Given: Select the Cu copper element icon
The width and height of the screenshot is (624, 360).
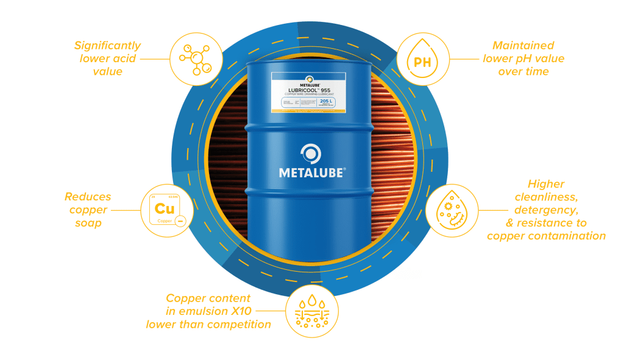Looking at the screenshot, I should pyautogui.click(x=166, y=210).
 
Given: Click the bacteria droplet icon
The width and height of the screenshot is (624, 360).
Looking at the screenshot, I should pyautogui.click(x=452, y=211).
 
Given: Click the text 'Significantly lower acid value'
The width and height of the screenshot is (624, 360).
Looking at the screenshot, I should pyautogui.click(x=107, y=58).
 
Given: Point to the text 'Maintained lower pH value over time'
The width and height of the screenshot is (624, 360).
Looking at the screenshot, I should pyautogui.click(x=523, y=58).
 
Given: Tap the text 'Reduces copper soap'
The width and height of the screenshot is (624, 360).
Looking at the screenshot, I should pyautogui.click(x=88, y=210).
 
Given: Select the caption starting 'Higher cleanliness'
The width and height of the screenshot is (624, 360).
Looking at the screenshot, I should pyautogui.click(x=546, y=210).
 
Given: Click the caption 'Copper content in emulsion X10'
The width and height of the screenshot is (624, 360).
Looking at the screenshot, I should pyautogui.click(x=208, y=311).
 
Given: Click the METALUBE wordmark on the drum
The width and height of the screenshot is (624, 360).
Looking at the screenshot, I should pyautogui.click(x=313, y=172).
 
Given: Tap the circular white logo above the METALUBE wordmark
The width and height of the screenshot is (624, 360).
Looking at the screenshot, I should pyautogui.click(x=311, y=153).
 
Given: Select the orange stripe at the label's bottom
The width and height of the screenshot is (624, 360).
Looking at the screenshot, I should pyautogui.click(x=308, y=111).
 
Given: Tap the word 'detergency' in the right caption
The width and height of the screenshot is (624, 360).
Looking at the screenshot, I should pyautogui.click(x=546, y=210).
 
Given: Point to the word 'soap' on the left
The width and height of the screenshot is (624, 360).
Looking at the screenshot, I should pyautogui.click(x=88, y=224).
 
